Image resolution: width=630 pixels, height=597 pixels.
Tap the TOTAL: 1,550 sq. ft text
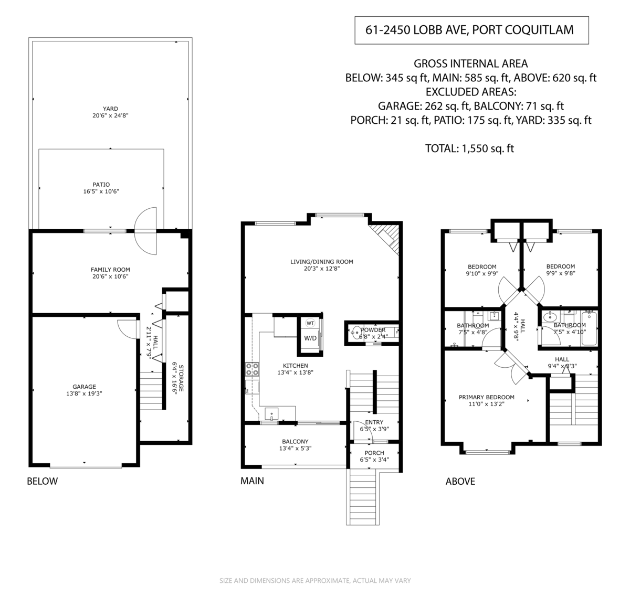tap(469, 148)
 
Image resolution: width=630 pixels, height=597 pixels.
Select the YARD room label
tap(110, 109)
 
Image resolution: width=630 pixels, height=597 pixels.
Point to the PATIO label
tap(101, 185)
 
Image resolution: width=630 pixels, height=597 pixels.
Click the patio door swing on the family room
tap(145, 231)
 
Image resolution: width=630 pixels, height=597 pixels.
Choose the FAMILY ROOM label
tap(110, 270)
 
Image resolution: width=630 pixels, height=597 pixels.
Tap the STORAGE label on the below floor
tap(182, 378)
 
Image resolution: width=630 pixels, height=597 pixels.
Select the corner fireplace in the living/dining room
tap(386, 238)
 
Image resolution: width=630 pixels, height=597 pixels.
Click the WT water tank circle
tap(310, 323)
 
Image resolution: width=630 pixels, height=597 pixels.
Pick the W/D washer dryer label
tap(310, 338)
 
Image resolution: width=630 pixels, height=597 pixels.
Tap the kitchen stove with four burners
tap(252, 369)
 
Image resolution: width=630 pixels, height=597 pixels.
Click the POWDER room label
tap(373, 330)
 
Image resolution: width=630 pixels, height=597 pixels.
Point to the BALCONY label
tap(295, 442)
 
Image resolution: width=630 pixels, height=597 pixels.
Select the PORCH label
tap(374, 453)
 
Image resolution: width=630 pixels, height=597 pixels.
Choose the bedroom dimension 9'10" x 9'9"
tap(482, 273)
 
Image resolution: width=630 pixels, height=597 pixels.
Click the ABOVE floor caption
tap(460, 481)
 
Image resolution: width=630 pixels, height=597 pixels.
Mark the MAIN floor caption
tap(252, 481)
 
